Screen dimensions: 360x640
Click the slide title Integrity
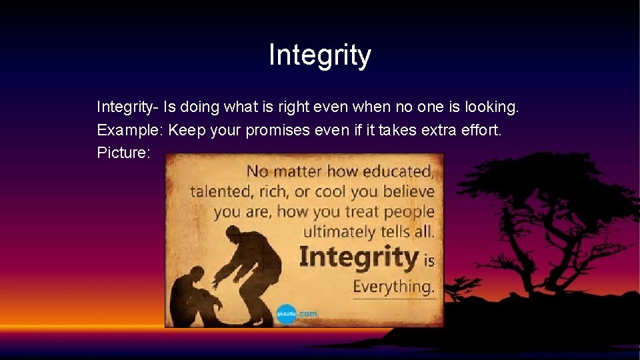click(x=319, y=55)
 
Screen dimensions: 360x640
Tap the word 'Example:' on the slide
click(x=130, y=129)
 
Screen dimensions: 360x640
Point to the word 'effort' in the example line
click(x=479, y=129)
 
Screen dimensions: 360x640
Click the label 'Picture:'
click(x=124, y=153)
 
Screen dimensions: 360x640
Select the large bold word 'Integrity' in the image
click(x=358, y=257)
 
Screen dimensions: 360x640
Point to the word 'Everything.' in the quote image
click(x=393, y=287)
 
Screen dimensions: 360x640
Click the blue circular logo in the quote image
click(x=286, y=313)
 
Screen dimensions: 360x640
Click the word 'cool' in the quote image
click(x=330, y=191)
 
